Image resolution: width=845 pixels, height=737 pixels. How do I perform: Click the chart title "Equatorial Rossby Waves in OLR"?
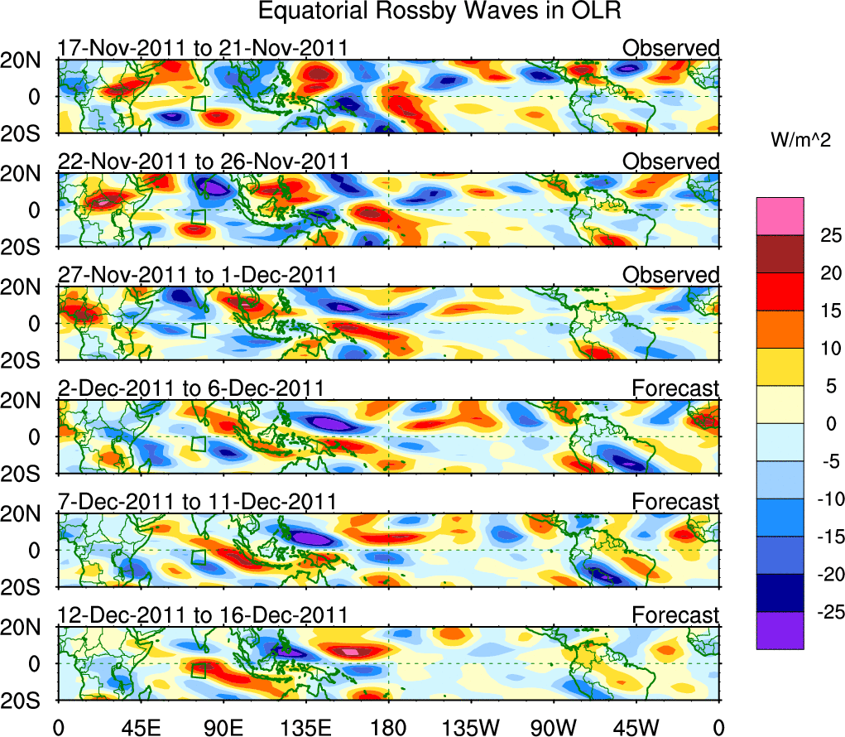(439, 12)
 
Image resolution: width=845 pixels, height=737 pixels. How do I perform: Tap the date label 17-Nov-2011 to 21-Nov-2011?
(203, 48)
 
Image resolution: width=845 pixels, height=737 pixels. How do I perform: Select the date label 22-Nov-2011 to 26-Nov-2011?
(204, 161)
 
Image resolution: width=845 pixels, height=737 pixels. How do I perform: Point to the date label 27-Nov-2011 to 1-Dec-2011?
(197, 274)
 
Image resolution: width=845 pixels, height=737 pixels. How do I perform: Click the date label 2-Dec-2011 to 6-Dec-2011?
(190, 388)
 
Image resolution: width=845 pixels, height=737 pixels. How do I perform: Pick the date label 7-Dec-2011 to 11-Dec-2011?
(197, 501)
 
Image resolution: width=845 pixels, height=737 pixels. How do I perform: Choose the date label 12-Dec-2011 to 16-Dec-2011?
(203, 614)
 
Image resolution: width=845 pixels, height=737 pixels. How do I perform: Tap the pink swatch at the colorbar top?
(780, 216)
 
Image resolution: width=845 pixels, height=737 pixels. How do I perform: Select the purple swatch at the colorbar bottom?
(780, 630)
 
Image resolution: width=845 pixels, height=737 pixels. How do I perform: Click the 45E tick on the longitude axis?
(140, 727)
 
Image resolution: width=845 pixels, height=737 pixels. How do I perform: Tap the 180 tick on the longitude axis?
(389, 727)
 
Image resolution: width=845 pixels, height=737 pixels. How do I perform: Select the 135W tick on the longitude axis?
(472, 727)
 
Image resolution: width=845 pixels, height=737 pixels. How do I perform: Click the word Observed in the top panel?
(671, 48)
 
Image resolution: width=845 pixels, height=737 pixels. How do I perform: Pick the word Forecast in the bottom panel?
(675, 614)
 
